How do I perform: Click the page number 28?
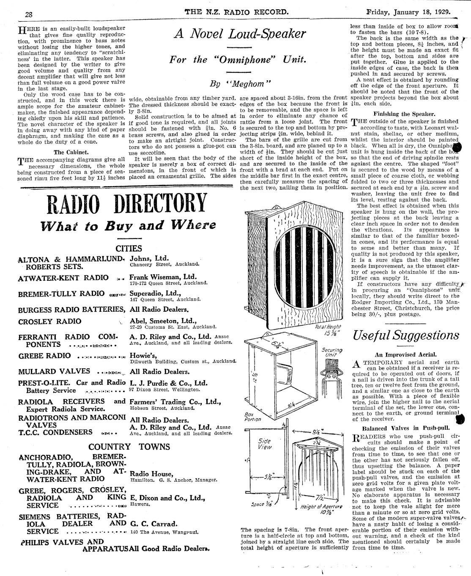click(x=29, y=13)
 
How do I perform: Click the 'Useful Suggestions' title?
click(x=405, y=336)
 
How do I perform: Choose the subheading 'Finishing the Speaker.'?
click(x=404, y=114)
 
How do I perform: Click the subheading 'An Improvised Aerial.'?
click(x=405, y=355)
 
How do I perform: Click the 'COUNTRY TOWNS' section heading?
click(x=129, y=447)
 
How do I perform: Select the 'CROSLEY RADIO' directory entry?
click(x=50, y=321)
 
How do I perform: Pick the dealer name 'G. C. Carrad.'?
click(x=154, y=524)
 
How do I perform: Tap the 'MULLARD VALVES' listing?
click(x=54, y=371)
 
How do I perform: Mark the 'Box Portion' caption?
click(x=252, y=417)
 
